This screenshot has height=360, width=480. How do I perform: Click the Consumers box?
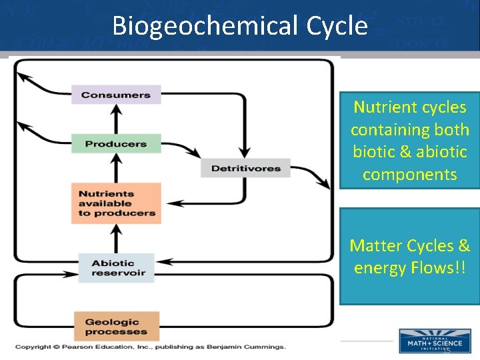(116, 95)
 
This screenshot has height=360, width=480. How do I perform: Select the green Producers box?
(116, 143)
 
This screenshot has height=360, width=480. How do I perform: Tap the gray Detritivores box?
(245, 168)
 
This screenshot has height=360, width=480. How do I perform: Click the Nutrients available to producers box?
(116, 203)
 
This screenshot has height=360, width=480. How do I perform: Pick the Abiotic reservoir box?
(116, 268)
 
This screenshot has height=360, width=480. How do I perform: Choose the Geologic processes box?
(116, 327)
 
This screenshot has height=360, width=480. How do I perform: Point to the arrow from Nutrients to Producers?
(116, 167)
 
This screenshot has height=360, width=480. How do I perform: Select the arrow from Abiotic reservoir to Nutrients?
(116, 238)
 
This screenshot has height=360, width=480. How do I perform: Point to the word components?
(410, 175)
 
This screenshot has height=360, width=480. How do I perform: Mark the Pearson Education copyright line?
(150, 347)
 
